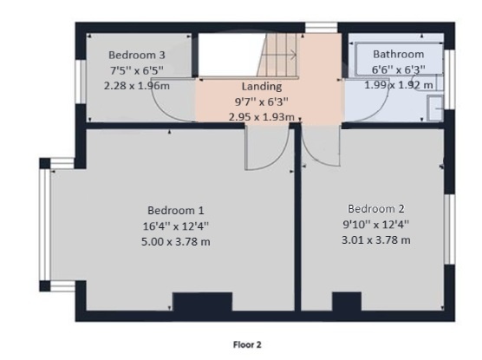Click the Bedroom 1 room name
tap(175, 211)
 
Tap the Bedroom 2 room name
tap(376, 209)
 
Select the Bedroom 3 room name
tap(137, 55)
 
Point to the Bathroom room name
tap(399, 54)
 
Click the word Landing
tap(262, 87)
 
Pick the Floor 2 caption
tap(247, 345)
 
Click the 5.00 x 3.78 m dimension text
tap(175, 241)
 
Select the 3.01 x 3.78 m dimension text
tap(376, 240)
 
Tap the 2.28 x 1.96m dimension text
tap(137, 86)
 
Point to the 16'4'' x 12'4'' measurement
tap(175, 226)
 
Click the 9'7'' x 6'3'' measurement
tap(262, 101)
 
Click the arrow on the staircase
tap(278, 56)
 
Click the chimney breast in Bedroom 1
tap(202, 302)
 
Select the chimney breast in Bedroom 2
tap(347, 302)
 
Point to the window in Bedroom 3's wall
tap(81, 82)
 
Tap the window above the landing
tap(322, 28)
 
